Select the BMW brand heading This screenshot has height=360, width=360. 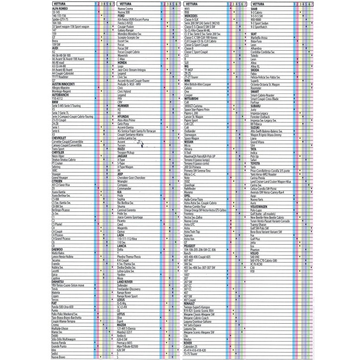point(55,101)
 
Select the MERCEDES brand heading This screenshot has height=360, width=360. point(191,16)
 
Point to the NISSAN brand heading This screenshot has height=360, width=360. point(189,141)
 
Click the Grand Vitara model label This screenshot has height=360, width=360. point(260,142)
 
